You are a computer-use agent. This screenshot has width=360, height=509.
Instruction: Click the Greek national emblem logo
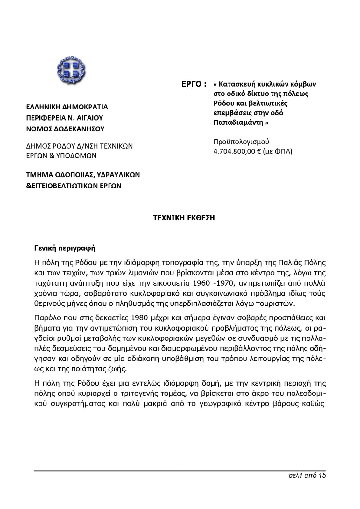[x=71, y=70]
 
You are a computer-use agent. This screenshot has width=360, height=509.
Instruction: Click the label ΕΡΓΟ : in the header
[x=194, y=84]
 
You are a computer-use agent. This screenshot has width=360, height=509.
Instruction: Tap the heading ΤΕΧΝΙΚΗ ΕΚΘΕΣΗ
[x=184, y=218]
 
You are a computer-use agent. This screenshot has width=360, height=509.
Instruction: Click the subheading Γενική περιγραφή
[x=65, y=248]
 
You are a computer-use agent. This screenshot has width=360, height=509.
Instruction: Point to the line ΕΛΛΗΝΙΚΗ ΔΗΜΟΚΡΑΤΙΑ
[x=67, y=107]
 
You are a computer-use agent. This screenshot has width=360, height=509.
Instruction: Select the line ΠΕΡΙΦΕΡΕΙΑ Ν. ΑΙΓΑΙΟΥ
[x=65, y=118]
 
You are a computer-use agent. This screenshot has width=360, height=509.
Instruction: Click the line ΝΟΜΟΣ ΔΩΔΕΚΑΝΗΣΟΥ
[x=65, y=129]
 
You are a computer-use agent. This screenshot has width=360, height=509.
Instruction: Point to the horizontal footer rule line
[x=180, y=470]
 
